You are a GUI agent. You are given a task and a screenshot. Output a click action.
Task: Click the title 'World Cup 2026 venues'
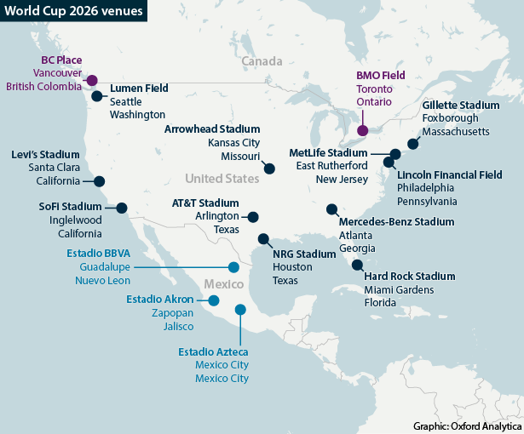pos(72,11)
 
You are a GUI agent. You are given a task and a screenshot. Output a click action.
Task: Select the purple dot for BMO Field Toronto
pos(363,131)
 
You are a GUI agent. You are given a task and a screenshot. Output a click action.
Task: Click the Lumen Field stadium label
pos(139,88)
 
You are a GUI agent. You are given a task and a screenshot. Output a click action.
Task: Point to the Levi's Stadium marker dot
pos(100,181)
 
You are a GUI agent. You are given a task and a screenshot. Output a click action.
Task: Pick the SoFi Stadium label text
pos(70,206)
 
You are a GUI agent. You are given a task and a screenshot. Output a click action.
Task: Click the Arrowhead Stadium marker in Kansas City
pos(270,168)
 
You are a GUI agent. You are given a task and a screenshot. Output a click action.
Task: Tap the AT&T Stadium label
pos(204,203)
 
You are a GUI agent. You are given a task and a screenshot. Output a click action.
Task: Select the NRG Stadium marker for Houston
pos(263,239)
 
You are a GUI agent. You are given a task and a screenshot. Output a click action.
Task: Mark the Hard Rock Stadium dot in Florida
pos(355,264)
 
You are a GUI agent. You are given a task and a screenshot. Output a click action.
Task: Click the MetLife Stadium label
pos(328,152)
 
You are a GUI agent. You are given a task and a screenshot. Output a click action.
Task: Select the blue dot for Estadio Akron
pos(214,300)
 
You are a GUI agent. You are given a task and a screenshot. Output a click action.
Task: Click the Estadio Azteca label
pos(214,351)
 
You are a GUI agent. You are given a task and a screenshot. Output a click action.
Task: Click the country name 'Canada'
pos(261,62)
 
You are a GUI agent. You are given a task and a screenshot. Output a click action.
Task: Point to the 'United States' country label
pos(222,179)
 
